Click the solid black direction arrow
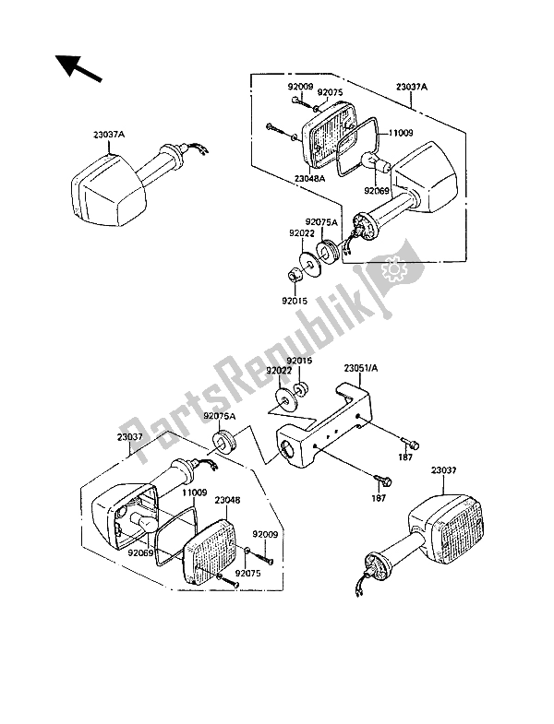(76, 68)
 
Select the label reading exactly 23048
(227, 503)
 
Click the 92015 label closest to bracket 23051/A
(299, 361)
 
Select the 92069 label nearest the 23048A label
(376, 191)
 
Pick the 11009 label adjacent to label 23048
(193, 493)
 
